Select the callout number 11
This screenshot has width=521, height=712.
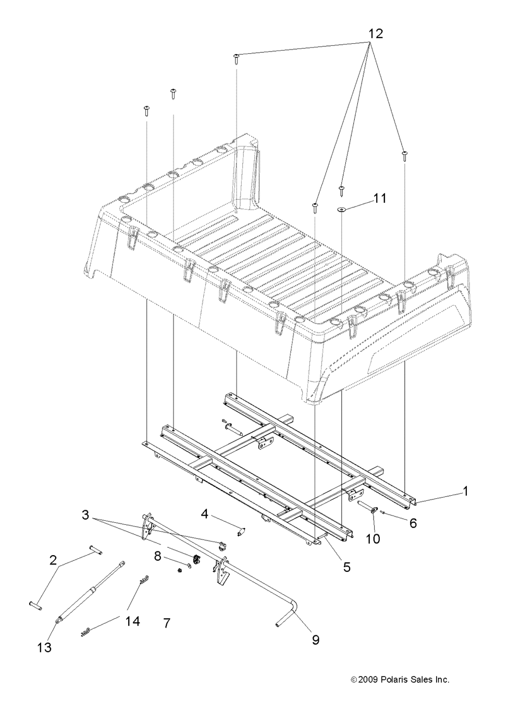coord(380,199)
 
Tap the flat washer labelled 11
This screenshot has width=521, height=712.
coord(341,210)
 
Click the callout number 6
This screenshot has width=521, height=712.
coord(413,523)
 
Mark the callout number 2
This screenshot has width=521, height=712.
coord(53,561)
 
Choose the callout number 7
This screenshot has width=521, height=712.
coord(167,623)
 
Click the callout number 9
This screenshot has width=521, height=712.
coord(315,640)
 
